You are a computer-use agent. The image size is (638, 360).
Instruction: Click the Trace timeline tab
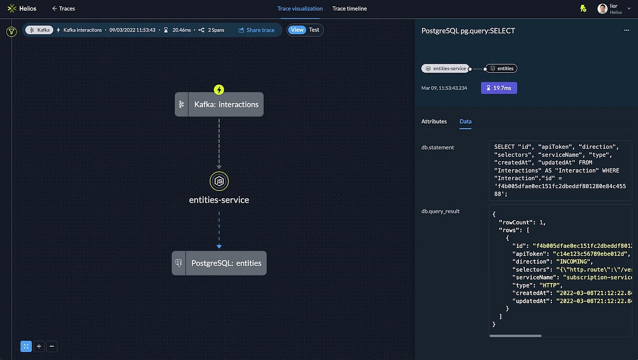(349, 9)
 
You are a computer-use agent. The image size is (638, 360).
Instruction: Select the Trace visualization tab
(300, 9)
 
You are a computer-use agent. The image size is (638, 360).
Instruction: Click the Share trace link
(257, 30)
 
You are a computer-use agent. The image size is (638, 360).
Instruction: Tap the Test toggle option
(314, 30)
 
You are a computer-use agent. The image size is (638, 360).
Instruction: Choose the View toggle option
(297, 30)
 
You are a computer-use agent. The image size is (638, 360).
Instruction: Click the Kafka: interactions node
(219, 104)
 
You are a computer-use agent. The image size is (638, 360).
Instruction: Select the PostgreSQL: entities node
(219, 263)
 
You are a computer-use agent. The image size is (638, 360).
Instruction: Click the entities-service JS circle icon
(219, 181)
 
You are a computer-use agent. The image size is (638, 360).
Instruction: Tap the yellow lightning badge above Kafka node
(219, 90)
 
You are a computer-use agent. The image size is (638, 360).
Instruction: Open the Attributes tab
(434, 121)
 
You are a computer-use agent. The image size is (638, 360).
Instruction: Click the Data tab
(465, 121)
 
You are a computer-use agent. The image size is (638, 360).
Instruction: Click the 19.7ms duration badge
(499, 88)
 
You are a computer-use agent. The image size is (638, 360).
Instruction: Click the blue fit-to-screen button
(26, 346)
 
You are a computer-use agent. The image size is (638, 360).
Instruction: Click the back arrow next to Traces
(54, 9)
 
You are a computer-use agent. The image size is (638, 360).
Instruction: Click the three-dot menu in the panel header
(626, 31)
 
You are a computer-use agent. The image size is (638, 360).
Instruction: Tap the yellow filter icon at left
(12, 32)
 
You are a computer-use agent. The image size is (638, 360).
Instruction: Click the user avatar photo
(602, 9)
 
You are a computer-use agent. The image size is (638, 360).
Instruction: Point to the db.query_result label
(440, 211)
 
